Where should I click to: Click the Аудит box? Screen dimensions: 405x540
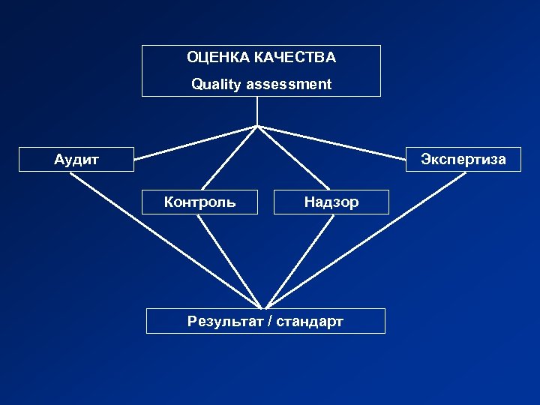[x=76, y=159]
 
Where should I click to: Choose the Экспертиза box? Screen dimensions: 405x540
[x=463, y=159]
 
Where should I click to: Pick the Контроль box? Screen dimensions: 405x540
[x=199, y=202]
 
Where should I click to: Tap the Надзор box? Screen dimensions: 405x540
[x=331, y=202]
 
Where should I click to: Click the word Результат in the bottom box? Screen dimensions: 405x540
[x=229, y=322]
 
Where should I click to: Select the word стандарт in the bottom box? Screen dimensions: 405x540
[x=310, y=322]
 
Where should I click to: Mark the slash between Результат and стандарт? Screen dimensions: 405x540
[x=271, y=322]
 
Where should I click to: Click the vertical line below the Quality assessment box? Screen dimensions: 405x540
[x=258, y=111]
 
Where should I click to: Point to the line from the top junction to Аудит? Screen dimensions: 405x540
[x=196, y=142]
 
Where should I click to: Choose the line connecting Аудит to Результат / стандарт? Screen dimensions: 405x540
[x=165, y=240]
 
